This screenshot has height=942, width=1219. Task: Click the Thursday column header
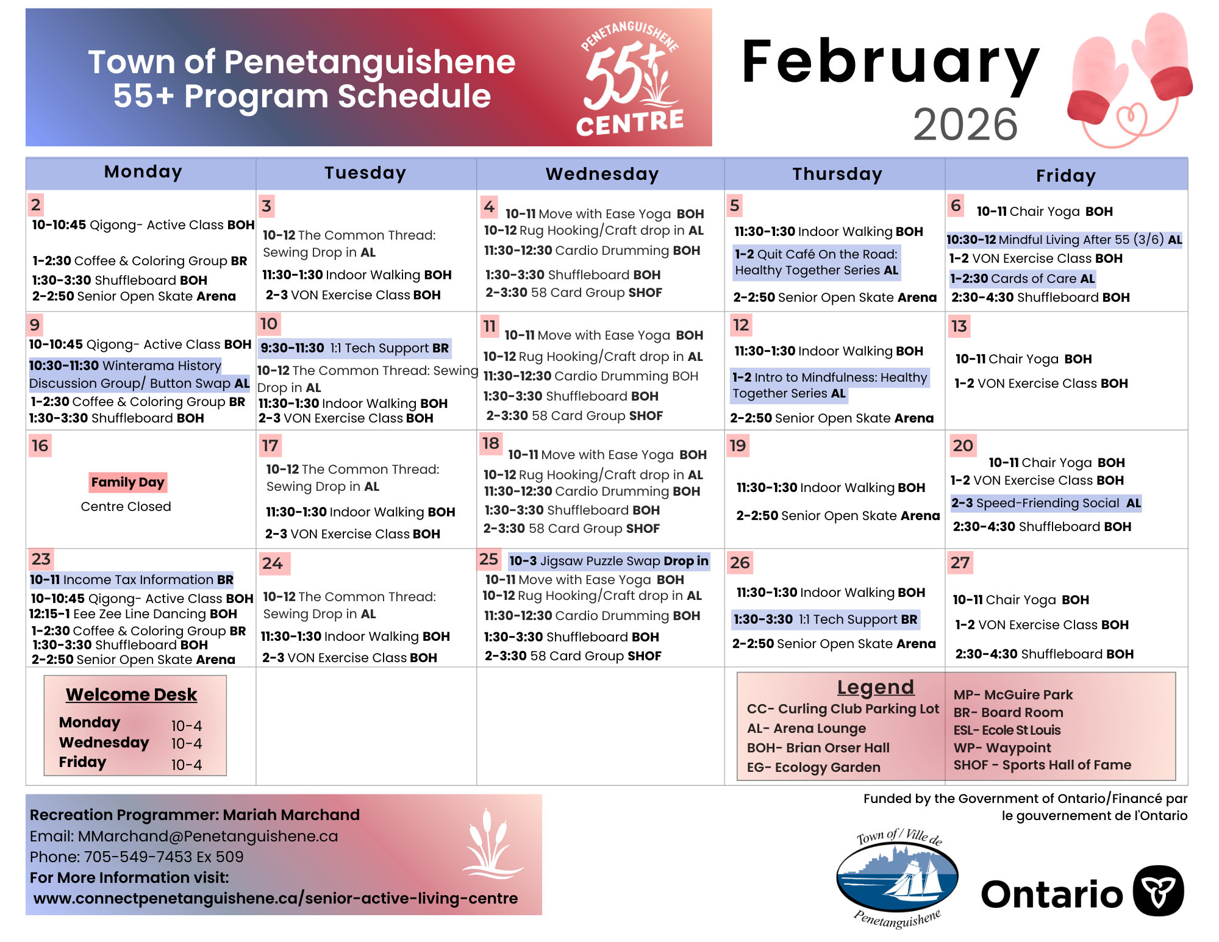[837, 174]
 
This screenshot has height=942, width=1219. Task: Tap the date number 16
[40, 446]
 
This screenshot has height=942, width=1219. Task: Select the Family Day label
[127, 482]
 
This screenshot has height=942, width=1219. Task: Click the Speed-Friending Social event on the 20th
[1045, 503]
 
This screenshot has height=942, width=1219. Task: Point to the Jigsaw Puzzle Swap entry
[608, 561]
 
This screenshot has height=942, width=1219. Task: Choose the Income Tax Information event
[132, 580]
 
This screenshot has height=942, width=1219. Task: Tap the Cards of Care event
[1022, 279]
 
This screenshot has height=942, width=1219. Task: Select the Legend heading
[875, 687]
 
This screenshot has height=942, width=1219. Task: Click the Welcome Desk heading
[131, 694]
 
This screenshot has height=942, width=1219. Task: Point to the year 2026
[965, 124]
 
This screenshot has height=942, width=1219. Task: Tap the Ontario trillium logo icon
[1158, 891]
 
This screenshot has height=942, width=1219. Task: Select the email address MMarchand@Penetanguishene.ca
[207, 836]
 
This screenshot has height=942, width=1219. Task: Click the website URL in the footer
[276, 898]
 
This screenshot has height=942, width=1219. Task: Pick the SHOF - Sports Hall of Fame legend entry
[1042, 765]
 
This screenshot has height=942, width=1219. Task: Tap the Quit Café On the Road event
[816, 262]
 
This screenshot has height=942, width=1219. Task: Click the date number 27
[960, 562]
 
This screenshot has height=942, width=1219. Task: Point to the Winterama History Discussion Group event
[139, 374]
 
